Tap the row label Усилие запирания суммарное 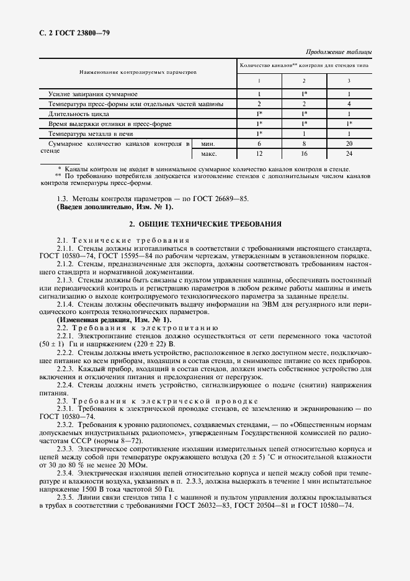coord(93,93)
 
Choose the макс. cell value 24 coord(349,153)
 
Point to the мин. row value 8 coord(304,143)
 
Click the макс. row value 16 coord(304,153)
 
